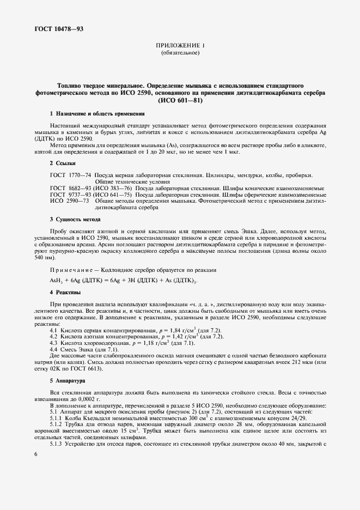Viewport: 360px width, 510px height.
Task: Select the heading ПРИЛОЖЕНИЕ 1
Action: click(x=180, y=46)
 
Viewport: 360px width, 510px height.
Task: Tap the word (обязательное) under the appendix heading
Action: click(x=180, y=53)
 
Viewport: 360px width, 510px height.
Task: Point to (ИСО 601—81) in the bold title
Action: click(x=180, y=100)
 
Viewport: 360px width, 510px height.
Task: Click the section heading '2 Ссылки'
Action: click(x=63, y=163)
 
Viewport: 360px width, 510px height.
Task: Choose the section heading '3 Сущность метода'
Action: click(x=75, y=219)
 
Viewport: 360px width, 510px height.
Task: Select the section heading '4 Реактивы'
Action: click(x=65, y=293)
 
